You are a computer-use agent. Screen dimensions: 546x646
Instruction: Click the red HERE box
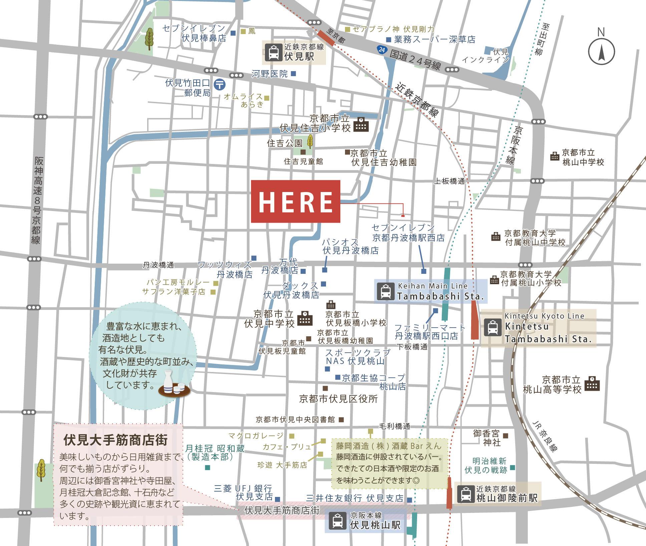(295, 201)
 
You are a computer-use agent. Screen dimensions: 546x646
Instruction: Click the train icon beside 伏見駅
(274, 52)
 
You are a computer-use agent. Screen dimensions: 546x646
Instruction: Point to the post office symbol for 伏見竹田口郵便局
(220, 84)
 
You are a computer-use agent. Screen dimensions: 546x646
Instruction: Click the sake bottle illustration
(168, 381)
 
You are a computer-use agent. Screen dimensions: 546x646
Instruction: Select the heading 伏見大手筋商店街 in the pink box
(115, 440)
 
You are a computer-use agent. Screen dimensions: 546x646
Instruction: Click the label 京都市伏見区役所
(338, 399)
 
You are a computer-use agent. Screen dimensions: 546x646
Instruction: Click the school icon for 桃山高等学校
(592, 384)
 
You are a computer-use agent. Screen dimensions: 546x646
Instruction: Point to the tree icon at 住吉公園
(310, 142)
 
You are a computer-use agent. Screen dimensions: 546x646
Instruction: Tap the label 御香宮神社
(487, 438)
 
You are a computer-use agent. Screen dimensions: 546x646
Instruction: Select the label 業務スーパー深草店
(434, 39)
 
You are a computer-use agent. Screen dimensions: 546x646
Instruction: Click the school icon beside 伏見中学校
(305, 318)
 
